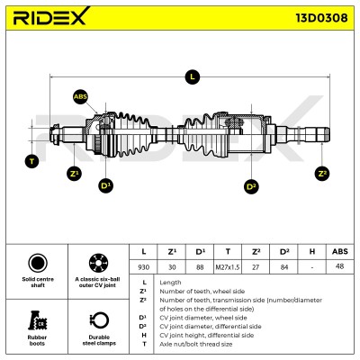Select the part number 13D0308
[x=321, y=18]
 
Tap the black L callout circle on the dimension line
[x=192, y=76]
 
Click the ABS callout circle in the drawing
[x=80, y=96]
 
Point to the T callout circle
[x=31, y=161]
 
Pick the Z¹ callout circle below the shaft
[x=74, y=174]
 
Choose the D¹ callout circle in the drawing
[x=105, y=185]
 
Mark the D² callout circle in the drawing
[x=251, y=186]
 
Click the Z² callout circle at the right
[x=322, y=174]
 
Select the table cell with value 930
[x=143, y=267]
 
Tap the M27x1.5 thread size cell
[x=228, y=267]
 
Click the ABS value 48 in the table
[x=340, y=266]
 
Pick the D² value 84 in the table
[x=283, y=267]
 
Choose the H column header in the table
[x=312, y=251]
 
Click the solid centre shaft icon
[x=38, y=263]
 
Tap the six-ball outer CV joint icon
[x=98, y=263]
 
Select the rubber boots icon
[x=38, y=320]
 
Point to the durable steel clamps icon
[x=99, y=320]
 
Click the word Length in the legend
[x=170, y=283]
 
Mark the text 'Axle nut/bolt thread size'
[x=196, y=344]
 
